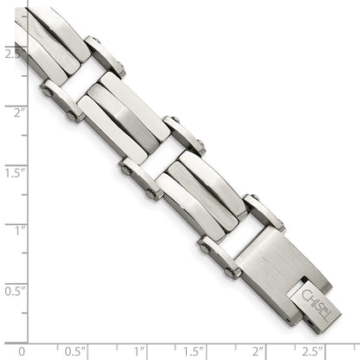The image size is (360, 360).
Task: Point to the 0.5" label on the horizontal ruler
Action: (x=76, y=350)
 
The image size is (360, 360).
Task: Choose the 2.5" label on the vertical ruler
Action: (x=12, y=54)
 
